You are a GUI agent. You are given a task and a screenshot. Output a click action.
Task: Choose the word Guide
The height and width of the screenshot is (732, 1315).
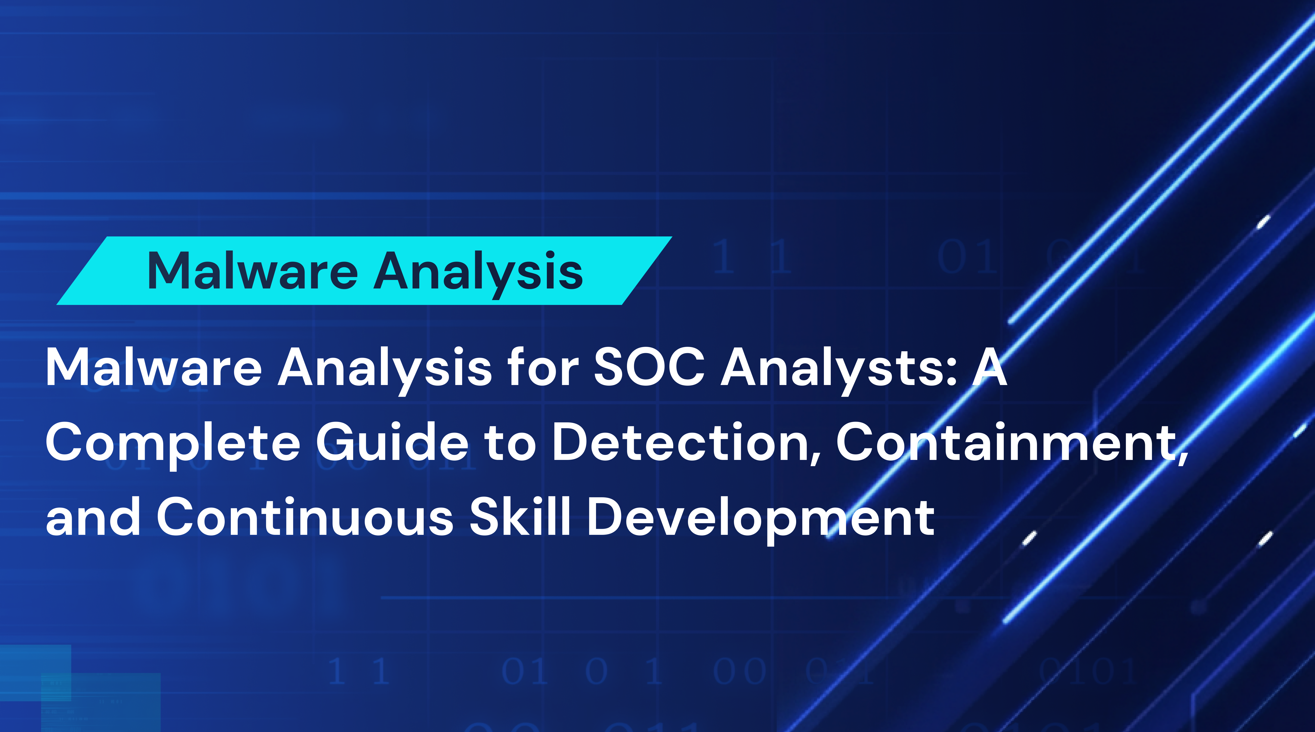pyautogui.click(x=392, y=442)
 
